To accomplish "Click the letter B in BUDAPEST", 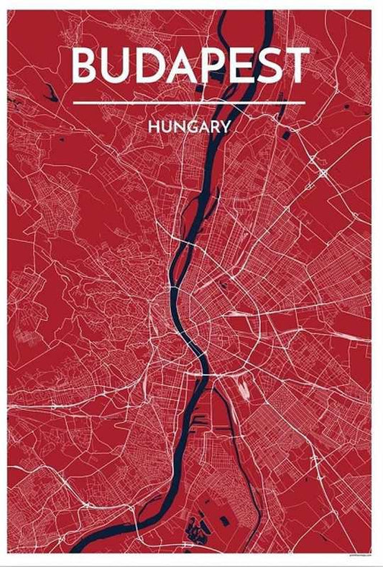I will (86, 66).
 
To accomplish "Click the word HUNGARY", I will (190, 126).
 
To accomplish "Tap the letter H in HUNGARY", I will (154, 126).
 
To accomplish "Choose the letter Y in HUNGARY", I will (226, 126).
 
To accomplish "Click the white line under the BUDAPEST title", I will (190, 103).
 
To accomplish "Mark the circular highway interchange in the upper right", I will (323, 173).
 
